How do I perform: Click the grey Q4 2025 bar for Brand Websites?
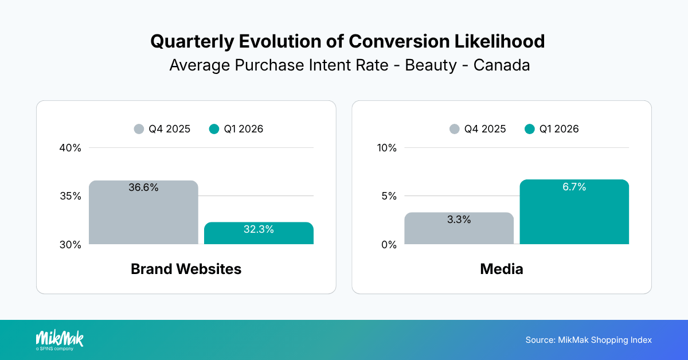[x=143, y=215]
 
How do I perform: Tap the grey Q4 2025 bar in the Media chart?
[x=459, y=229]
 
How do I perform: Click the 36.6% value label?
[x=143, y=187]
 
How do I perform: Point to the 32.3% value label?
[x=259, y=229]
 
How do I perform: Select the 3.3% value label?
[x=459, y=220]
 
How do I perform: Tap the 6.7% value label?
[x=574, y=186]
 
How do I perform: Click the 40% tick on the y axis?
[x=71, y=148]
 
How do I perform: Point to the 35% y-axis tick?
[x=71, y=196]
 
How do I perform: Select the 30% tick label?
[x=71, y=245]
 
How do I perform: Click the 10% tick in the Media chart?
[x=386, y=148]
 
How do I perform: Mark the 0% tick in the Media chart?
[x=389, y=245]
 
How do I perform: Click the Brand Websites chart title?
[x=186, y=269]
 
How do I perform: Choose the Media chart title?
[x=502, y=269]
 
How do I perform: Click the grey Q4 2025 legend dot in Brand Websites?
[x=139, y=129]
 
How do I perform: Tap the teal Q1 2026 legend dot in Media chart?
[x=530, y=129]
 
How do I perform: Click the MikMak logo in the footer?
[x=59, y=339]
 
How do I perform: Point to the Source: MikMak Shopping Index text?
[x=588, y=340]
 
